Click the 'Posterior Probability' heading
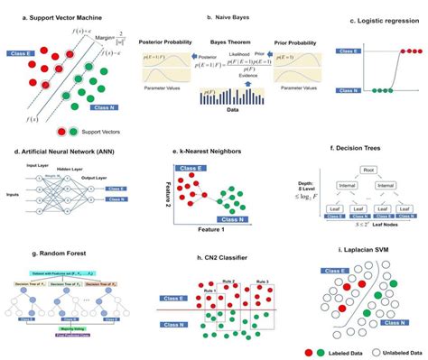164,42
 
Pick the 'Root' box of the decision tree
367,167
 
